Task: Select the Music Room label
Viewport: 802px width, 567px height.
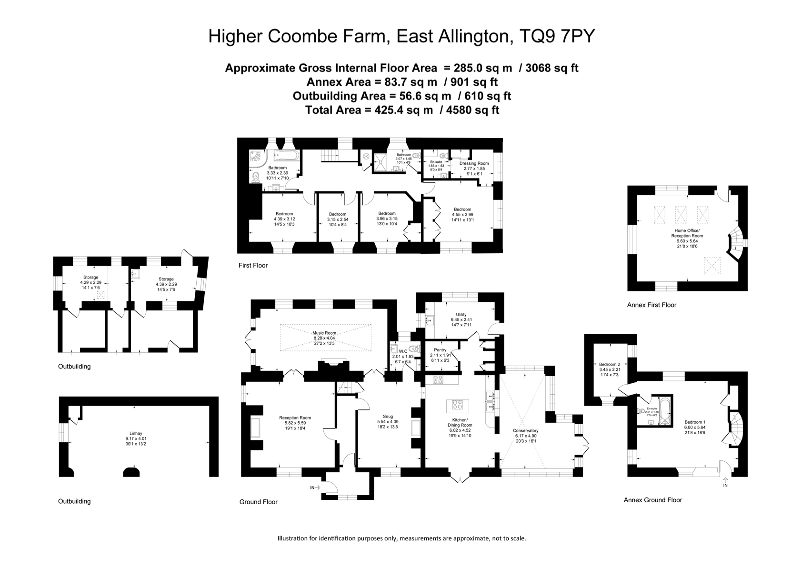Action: tap(324, 333)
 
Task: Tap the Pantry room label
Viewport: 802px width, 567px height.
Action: tap(440, 350)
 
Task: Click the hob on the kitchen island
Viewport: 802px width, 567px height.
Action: tap(458, 406)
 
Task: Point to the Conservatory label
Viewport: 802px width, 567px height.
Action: tap(525, 430)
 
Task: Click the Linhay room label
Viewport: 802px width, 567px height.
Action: tap(136, 433)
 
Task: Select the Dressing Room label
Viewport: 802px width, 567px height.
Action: tap(474, 163)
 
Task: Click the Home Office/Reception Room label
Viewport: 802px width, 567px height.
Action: tap(687, 233)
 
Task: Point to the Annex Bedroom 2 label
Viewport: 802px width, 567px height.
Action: tap(609, 364)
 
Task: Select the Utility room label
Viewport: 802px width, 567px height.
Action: tap(461, 315)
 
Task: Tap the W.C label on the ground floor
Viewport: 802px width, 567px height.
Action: tap(403, 352)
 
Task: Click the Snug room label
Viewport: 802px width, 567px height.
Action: tap(388, 417)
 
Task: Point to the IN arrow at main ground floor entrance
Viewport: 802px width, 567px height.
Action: tap(315, 487)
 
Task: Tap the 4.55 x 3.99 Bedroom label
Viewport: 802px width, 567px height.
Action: tap(462, 209)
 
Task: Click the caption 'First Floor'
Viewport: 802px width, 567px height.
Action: tap(253, 265)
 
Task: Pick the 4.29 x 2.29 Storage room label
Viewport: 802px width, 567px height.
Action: tap(90, 278)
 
